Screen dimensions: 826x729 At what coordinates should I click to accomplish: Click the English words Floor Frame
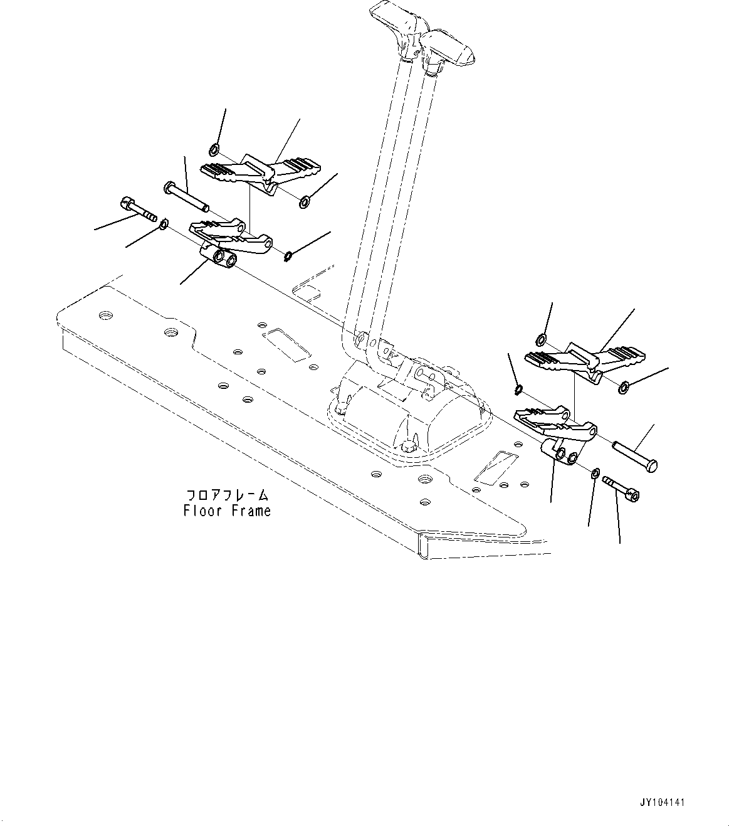[x=227, y=511]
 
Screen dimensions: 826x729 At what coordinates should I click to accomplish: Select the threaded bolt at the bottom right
[x=621, y=489]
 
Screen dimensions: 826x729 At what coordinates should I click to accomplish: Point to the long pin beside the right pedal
[x=634, y=456]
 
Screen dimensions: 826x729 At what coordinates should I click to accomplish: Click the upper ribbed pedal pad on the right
[x=583, y=361]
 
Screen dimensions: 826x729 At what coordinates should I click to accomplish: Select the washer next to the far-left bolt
[x=163, y=223]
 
